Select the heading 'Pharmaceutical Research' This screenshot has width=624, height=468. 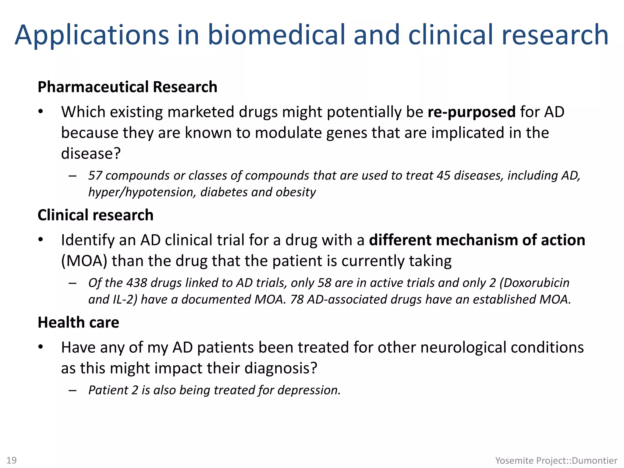point(127,87)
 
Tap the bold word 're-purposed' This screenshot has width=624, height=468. point(472,112)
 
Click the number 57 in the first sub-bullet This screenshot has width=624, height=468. point(95,176)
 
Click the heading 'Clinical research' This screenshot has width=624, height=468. point(95,215)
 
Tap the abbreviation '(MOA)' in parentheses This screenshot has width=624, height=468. point(84,261)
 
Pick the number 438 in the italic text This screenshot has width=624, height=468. point(136,283)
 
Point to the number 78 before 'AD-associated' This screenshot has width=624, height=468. point(297,300)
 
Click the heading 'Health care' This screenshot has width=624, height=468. point(78,322)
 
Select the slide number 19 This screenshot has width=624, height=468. point(12,460)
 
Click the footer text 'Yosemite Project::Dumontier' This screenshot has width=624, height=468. point(556,460)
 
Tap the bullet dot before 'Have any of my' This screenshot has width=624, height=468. point(41,348)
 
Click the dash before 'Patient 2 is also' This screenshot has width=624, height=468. point(73,390)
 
